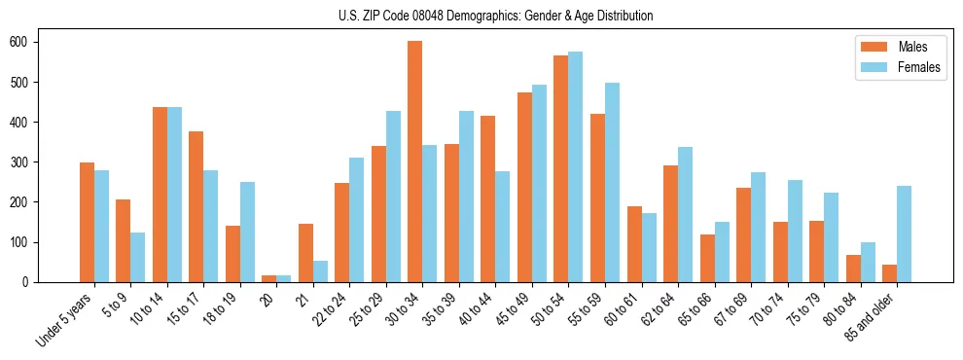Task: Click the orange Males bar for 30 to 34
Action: coord(415,162)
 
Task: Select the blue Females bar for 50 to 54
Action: coord(576,166)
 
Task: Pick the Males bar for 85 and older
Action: coord(889,273)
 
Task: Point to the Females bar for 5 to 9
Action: coord(138,257)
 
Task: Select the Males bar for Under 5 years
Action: coord(87,222)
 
